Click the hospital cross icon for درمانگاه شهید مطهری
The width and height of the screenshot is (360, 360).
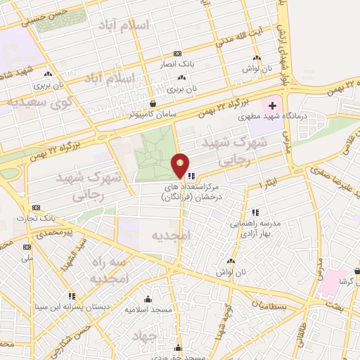point(272,105)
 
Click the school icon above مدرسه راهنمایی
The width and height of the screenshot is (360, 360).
point(256,211)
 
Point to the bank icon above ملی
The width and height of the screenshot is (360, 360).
point(27,247)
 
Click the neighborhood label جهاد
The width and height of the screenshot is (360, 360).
point(154,337)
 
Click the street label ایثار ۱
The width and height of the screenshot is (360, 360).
point(266,184)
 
